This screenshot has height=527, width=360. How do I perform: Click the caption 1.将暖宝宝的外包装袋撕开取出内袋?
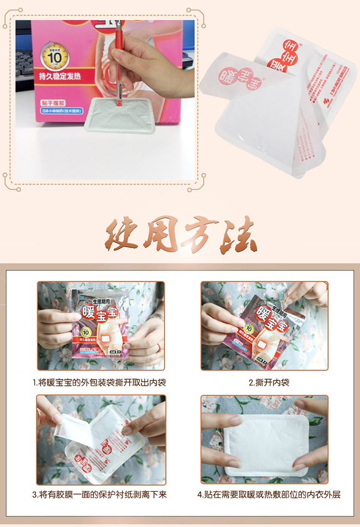click(x=100, y=383)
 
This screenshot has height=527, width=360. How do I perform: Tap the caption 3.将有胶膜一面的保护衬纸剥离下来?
click(x=100, y=494)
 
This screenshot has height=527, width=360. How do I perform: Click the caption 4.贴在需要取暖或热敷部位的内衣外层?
click(x=269, y=494)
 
